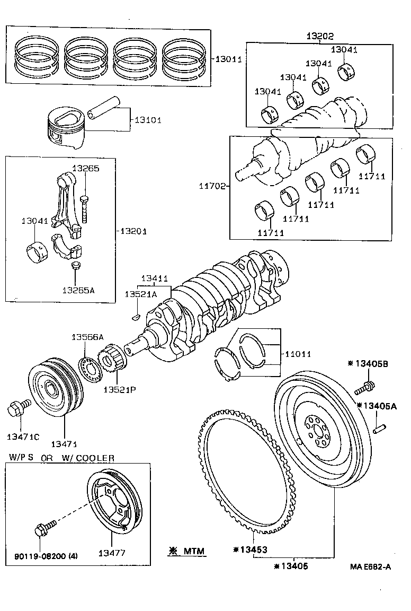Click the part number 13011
pos(228,59)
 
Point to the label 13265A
pos(78,290)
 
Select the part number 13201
pos(133,231)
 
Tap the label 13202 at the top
pos(320,36)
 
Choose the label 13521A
pos(140,294)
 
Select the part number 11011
pos(298,353)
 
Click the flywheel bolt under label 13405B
pos(363,386)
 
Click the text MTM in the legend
pos(194,552)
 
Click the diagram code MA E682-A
pos(370,567)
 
